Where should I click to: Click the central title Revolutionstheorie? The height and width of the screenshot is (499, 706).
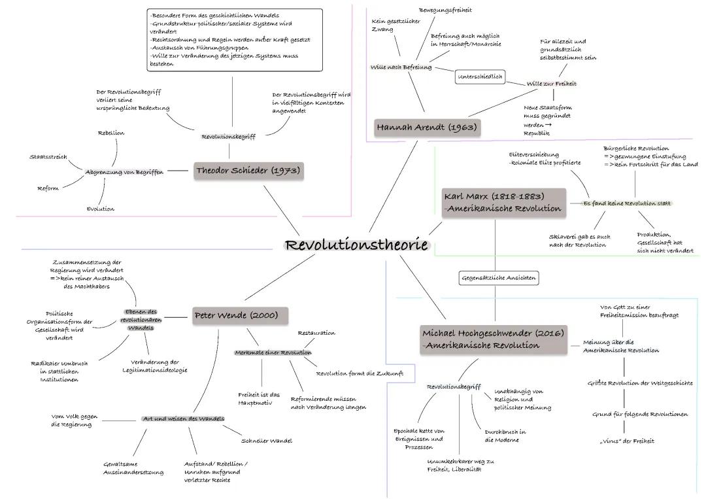356,245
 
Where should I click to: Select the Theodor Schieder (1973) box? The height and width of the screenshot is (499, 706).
248,171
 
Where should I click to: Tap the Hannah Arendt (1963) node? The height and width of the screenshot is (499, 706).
426,128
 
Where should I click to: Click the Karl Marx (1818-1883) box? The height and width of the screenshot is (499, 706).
503,203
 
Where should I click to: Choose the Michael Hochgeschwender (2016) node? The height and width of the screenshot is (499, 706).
493,339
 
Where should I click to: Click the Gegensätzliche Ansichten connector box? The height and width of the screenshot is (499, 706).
498,278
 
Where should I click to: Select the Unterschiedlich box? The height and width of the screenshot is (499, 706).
480,77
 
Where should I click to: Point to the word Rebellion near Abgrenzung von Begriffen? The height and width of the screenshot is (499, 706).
111,133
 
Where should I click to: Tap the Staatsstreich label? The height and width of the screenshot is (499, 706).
48,157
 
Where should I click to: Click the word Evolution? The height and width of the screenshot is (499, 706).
101,209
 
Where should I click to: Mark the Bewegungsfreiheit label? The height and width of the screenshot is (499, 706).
445,10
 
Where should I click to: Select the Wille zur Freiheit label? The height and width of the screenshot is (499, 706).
552,84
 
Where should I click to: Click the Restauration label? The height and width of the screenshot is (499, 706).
316,334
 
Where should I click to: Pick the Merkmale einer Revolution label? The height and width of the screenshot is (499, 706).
273,353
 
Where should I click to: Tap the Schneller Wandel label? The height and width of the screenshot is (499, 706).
267,441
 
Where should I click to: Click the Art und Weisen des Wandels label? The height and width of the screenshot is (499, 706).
184,419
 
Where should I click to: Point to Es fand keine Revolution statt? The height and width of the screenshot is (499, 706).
627,203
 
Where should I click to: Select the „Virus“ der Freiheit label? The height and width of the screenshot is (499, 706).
627,441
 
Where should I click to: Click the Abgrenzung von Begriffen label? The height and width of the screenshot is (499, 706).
124,172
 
